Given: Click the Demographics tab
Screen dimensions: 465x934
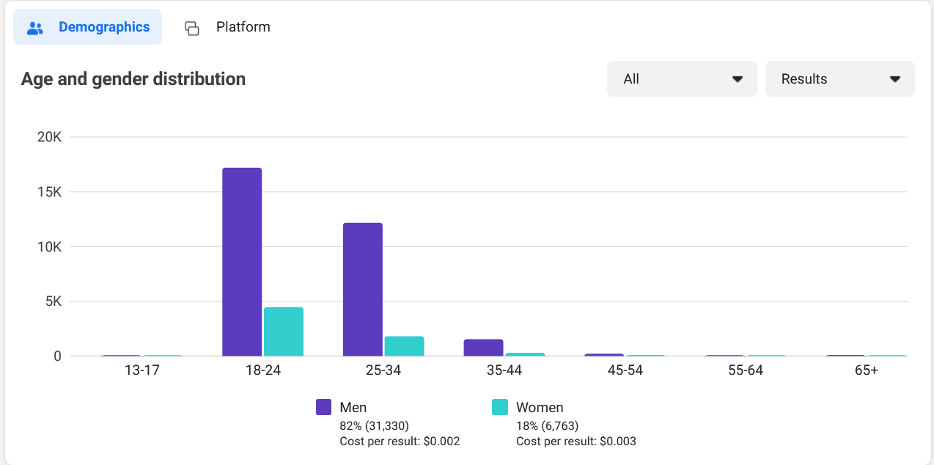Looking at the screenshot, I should [88, 27].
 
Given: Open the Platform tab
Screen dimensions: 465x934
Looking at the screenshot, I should [227, 27].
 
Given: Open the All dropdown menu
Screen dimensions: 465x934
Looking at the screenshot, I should [682, 79].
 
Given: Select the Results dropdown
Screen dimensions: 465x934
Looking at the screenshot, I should [839, 79].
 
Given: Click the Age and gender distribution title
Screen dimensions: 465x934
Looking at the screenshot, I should [133, 79].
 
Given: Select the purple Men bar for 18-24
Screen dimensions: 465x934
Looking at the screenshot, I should [242, 262].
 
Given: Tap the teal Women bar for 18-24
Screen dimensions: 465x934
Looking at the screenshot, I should [284, 332].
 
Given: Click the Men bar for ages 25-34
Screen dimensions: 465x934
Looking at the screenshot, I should [363, 289].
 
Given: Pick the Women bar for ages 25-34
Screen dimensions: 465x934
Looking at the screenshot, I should [405, 346].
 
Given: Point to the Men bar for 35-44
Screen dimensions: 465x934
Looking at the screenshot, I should [483, 348].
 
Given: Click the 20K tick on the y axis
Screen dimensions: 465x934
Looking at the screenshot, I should [49, 137].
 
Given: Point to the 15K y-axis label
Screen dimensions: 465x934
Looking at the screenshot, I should [49, 192].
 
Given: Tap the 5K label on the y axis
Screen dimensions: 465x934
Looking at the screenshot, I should [53, 301].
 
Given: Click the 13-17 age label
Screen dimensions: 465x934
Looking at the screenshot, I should [142, 370].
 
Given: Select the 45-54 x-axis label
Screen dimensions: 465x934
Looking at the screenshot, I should [625, 370].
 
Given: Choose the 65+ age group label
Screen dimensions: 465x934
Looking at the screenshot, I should [866, 370].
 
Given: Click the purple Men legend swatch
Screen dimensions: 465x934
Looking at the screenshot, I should [324, 407].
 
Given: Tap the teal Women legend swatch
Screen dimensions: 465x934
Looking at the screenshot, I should [500, 407].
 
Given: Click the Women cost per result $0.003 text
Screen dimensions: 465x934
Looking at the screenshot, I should [576, 442].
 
